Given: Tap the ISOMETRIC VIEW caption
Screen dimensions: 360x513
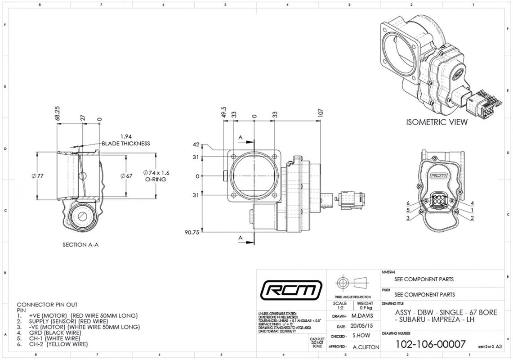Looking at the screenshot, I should (437, 122).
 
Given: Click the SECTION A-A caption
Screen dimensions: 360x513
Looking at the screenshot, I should (81, 245).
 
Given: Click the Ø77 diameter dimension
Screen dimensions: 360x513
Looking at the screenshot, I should (38, 176).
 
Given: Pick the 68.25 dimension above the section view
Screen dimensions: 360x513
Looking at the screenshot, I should (58, 113).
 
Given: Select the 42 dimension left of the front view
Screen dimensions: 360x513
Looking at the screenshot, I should (196, 144).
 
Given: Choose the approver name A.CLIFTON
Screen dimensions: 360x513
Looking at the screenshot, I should (366, 347).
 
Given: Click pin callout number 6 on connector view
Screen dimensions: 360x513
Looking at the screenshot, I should (408, 203).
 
